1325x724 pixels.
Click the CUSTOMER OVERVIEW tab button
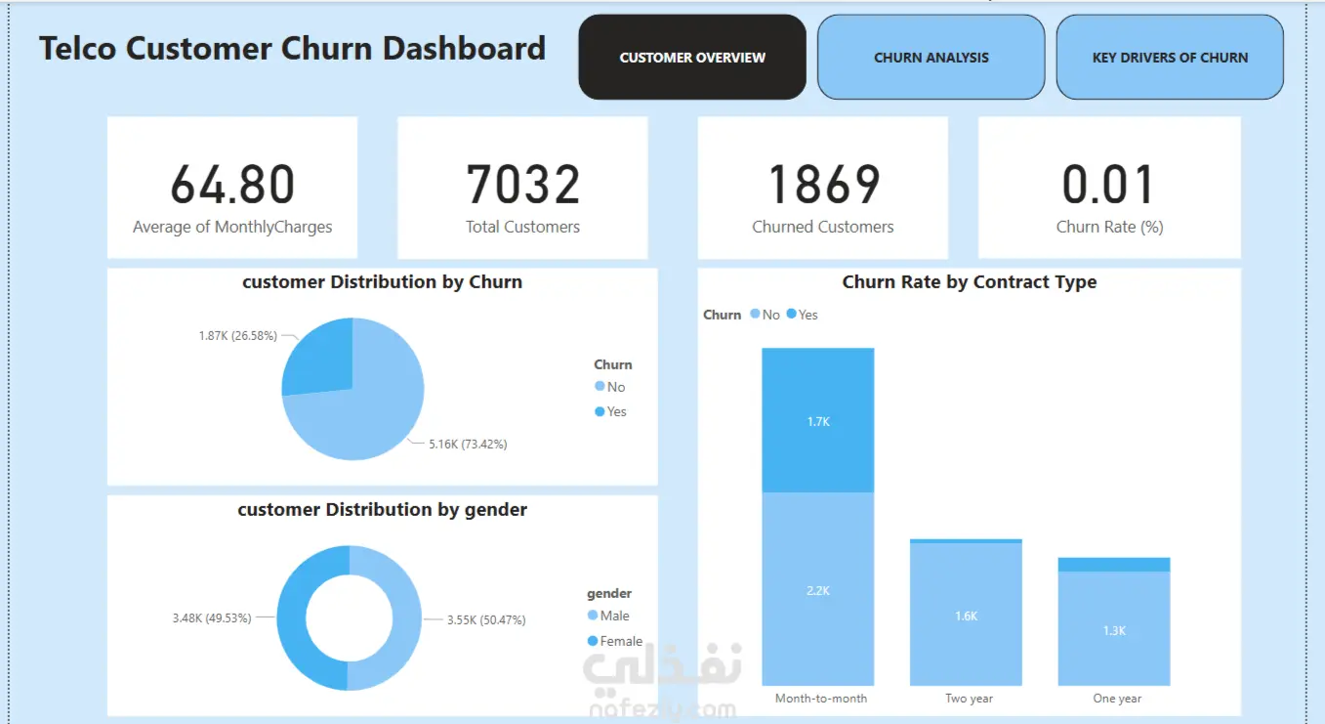pyautogui.click(x=692, y=58)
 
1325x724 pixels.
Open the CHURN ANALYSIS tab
pyautogui.click(x=931, y=58)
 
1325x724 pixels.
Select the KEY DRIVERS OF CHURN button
pyautogui.click(x=1170, y=58)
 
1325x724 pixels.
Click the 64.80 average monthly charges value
pyautogui.click(x=232, y=185)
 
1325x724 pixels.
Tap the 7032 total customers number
pyautogui.click(x=522, y=185)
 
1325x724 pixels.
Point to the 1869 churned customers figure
pyautogui.click(x=823, y=185)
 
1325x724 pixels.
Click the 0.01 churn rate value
pyautogui.click(x=1109, y=185)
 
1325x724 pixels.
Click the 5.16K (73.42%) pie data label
pyautogui.click(x=468, y=444)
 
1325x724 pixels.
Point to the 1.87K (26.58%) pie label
pyautogui.click(x=237, y=336)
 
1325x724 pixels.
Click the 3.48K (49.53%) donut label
pyautogui.click(x=212, y=618)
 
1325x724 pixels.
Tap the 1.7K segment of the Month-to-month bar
pyautogui.click(x=817, y=420)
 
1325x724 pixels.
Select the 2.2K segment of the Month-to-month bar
pyautogui.click(x=817, y=589)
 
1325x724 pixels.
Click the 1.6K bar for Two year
pyautogui.click(x=966, y=616)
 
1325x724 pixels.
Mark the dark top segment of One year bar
pyautogui.click(x=1114, y=565)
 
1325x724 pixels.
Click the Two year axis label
pyautogui.click(x=969, y=699)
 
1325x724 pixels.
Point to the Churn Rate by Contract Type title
pyautogui.click(x=969, y=282)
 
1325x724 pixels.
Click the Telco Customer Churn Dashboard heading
pyautogui.click(x=292, y=49)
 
